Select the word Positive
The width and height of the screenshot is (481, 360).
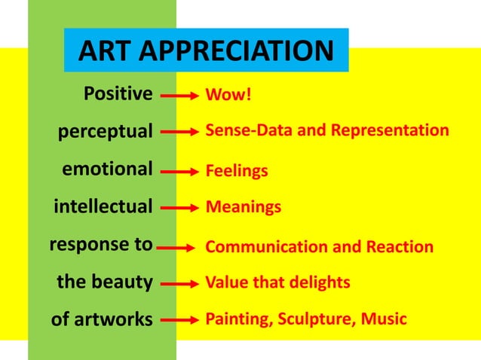click(118, 94)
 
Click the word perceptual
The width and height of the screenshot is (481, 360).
click(106, 131)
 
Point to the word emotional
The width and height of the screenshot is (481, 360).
click(107, 168)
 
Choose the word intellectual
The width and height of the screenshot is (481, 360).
click(103, 206)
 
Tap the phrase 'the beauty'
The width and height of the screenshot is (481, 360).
click(105, 282)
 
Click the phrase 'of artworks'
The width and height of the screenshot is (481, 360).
click(101, 319)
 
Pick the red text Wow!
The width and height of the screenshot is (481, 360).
click(223, 96)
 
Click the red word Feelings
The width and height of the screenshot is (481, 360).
click(237, 171)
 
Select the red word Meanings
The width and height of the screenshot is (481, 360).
click(243, 206)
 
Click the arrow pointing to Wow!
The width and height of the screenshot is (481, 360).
click(179, 96)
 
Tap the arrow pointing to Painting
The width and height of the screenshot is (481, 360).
click(179, 320)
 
